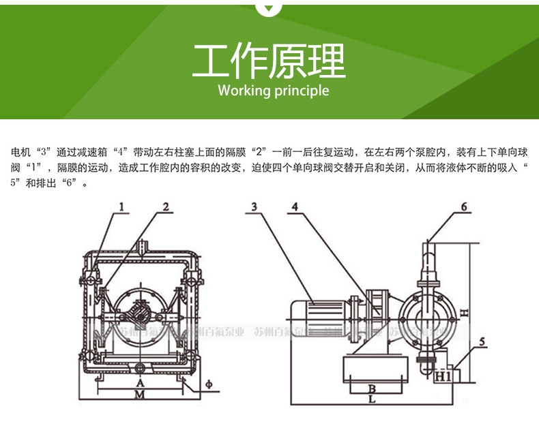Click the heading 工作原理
click(269, 61)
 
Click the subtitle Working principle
click(273, 91)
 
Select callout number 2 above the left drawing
click(165, 206)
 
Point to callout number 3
click(254, 206)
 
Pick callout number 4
click(295, 206)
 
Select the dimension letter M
click(140, 395)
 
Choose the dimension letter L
click(370, 401)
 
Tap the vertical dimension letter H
click(463, 313)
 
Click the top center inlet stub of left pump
click(141, 245)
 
